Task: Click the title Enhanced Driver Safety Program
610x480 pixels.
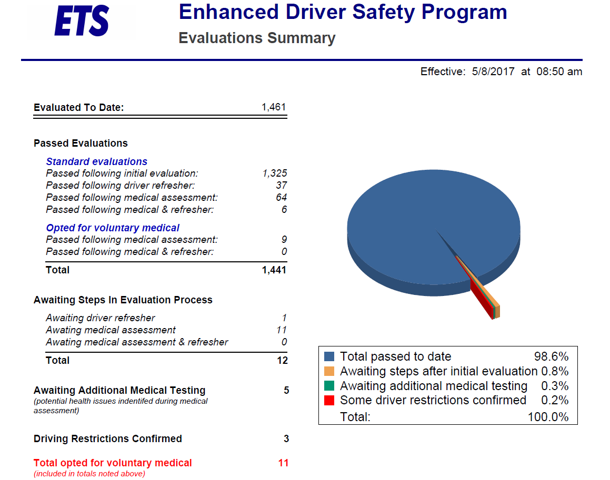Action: pos(343,12)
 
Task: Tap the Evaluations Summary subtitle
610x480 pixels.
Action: pos(257,38)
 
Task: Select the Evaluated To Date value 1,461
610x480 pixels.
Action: pos(274,107)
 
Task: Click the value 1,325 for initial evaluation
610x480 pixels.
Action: pos(274,173)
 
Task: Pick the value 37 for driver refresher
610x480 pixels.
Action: pos(281,186)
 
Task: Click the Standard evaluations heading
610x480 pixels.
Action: pos(97,162)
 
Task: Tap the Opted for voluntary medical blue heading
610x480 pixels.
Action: pos(113,228)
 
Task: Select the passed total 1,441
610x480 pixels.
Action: pos(274,270)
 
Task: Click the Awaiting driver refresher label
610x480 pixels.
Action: pos(101,318)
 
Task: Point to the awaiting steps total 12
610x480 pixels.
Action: pos(282,361)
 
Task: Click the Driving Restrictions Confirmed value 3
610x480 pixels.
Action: pos(286,439)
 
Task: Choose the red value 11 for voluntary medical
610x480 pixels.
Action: pos(283,463)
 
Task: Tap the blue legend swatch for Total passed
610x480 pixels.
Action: pos(329,356)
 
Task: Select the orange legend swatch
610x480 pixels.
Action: pos(329,371)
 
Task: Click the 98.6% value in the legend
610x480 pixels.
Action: pos(551,356)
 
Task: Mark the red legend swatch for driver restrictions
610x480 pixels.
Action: pos(329,401)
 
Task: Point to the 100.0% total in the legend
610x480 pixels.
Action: pos(548,417)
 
